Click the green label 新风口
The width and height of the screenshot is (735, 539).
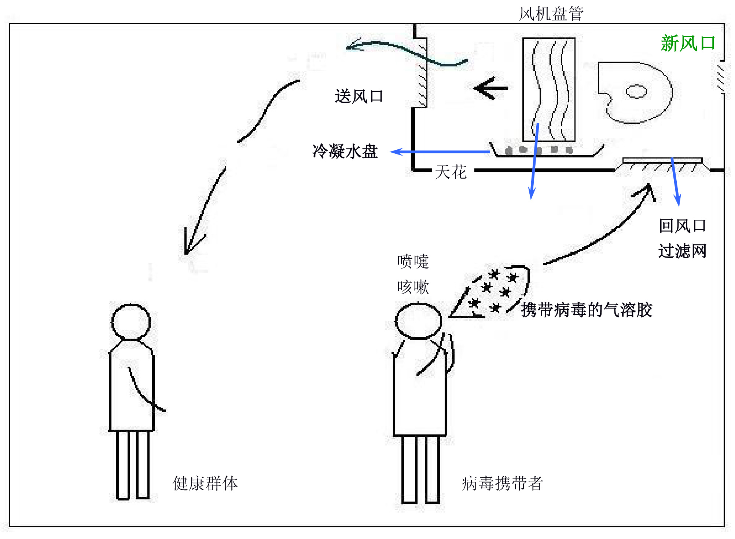(688, 44)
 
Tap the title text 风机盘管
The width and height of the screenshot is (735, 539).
(551, 14)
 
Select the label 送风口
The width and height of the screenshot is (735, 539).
(359, 96)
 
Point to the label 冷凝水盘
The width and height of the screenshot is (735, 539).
(345, 151)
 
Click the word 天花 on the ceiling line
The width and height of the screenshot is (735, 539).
(451, 172)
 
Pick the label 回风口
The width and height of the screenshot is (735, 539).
(682, 226)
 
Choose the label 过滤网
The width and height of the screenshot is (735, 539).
(682, 251)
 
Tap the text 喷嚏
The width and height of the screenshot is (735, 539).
(413, 261)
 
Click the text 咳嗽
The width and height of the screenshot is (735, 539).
(413, 287)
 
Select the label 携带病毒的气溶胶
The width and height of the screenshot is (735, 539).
(587, 310)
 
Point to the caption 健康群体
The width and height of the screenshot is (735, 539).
(205, 483)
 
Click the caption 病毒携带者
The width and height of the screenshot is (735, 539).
(502, 483)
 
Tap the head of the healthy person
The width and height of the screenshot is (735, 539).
(131, 322)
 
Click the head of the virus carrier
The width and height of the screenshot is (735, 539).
(418, 321)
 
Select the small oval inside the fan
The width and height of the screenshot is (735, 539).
(636, 91)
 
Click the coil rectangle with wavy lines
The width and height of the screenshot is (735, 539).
(549, 90)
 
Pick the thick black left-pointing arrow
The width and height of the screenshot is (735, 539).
(490, 88)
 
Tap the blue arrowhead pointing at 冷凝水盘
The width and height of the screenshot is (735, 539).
(396, 152)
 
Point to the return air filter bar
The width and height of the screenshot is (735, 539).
(662, 160)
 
